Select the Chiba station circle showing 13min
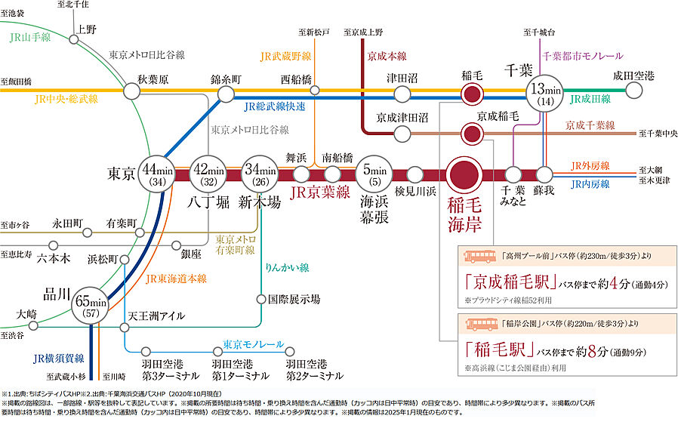544,94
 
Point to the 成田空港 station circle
634,91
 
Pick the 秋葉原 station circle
132,91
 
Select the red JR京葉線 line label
321,192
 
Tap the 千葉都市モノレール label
582,56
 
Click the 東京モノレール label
253,346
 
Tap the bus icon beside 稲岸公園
479,325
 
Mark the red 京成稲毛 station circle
473,134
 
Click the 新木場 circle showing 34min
259,174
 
